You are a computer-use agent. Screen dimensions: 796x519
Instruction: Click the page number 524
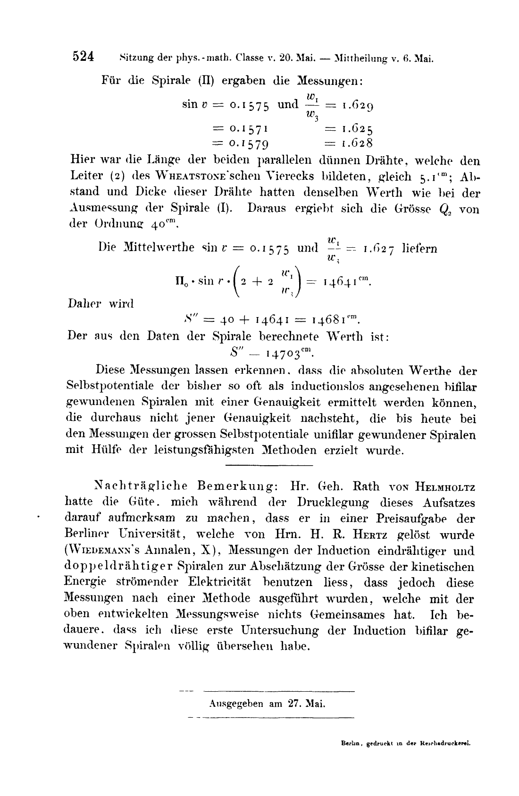pos(84,57)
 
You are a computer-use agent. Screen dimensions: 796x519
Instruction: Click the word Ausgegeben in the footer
pos(235,704)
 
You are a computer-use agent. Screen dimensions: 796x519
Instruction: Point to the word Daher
pos(84,303)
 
